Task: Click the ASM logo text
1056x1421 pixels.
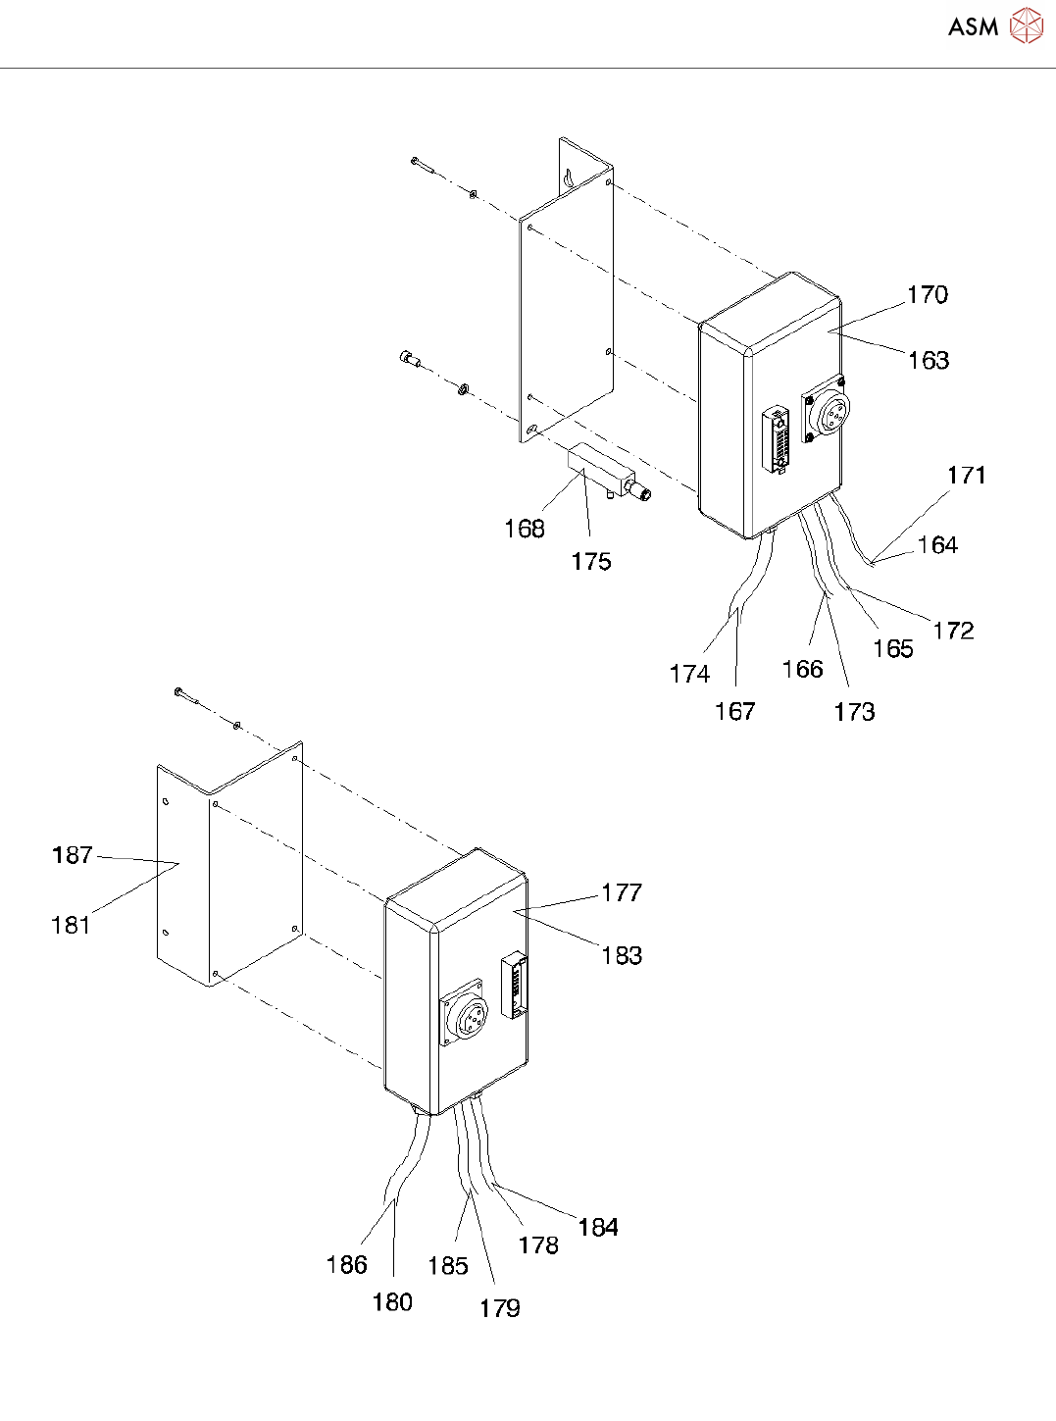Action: pyautogui.click(x=973, y=27)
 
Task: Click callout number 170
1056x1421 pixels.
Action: pyautogui.click(x=927, y=294)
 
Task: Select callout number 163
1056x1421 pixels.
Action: pyautogui.click(x=928, y=360)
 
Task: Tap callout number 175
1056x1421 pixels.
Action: pyautogui.click(x=591, y=561)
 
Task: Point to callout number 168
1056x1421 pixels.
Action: pyautogui.click(x=524, y=529)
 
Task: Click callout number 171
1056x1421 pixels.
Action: pyautogui.click(x=966, y=476)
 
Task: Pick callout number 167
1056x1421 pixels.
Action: pyautogui.click(x=734, y=711)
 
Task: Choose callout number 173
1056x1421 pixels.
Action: pyautogui.click(x=854, y=712)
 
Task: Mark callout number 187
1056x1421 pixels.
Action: pyautogui.click(x=73, y=855)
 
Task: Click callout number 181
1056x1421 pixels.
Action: pyautogui.click(x=71, y=924)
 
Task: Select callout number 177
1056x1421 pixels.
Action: pyautogui.click(x=622, y=892)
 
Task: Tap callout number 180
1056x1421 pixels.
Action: pyautogui.click(x=392, y=1302)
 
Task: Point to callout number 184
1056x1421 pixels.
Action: pyautogui.click(x=598, y=1227)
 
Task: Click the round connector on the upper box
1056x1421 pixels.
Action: pyautogui.click(x=830, y=412)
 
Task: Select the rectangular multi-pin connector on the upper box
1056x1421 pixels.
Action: pyautogui.click(x=778, y=439)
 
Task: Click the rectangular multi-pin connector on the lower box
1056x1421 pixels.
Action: pyautogui.click(x=514, y=985)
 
